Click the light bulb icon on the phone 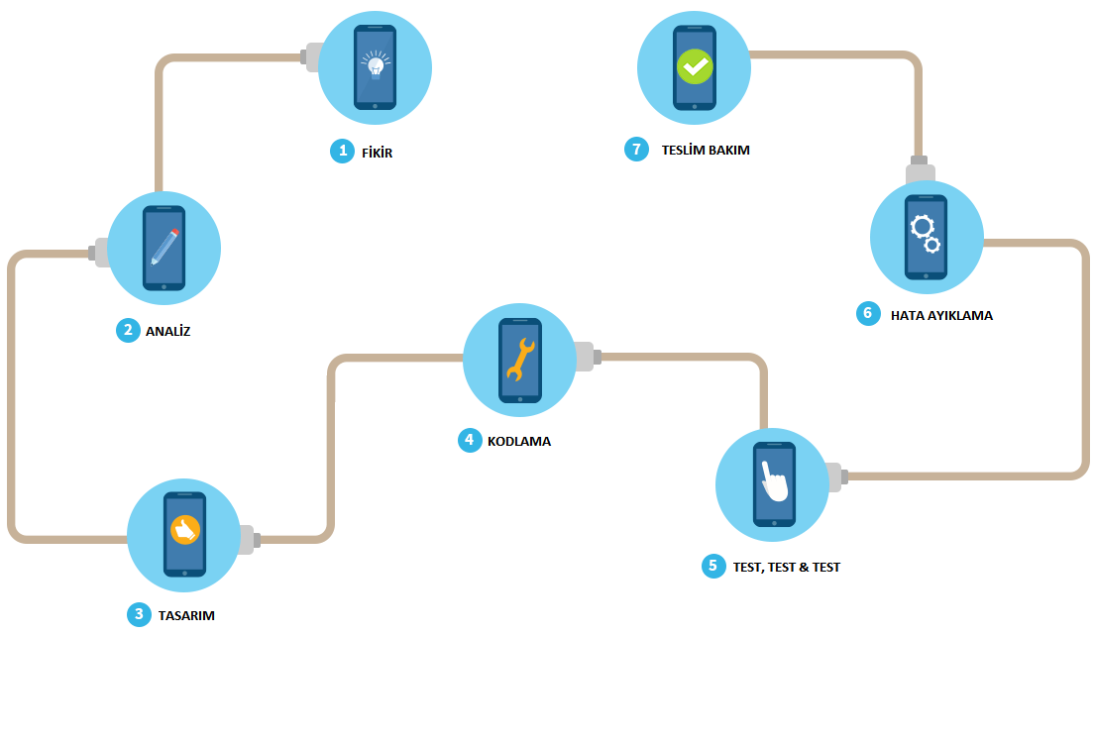(375, 65)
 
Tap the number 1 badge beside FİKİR (342, 151)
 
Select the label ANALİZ (167, 332)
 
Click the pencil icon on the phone (164, 247)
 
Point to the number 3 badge (139, 614)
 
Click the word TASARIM (186, 615)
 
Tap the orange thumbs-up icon (184, 530)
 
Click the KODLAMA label (518, 441)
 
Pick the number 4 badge (470, 440)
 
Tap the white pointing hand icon (773, 481)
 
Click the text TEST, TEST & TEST (786, 568)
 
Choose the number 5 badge (712, 567)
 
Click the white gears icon (926, 233)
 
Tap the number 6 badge (868, 314)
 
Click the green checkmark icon (694, 66)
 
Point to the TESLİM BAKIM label (706, 151)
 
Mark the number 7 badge (636, 150)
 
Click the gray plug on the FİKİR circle (311, 57)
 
